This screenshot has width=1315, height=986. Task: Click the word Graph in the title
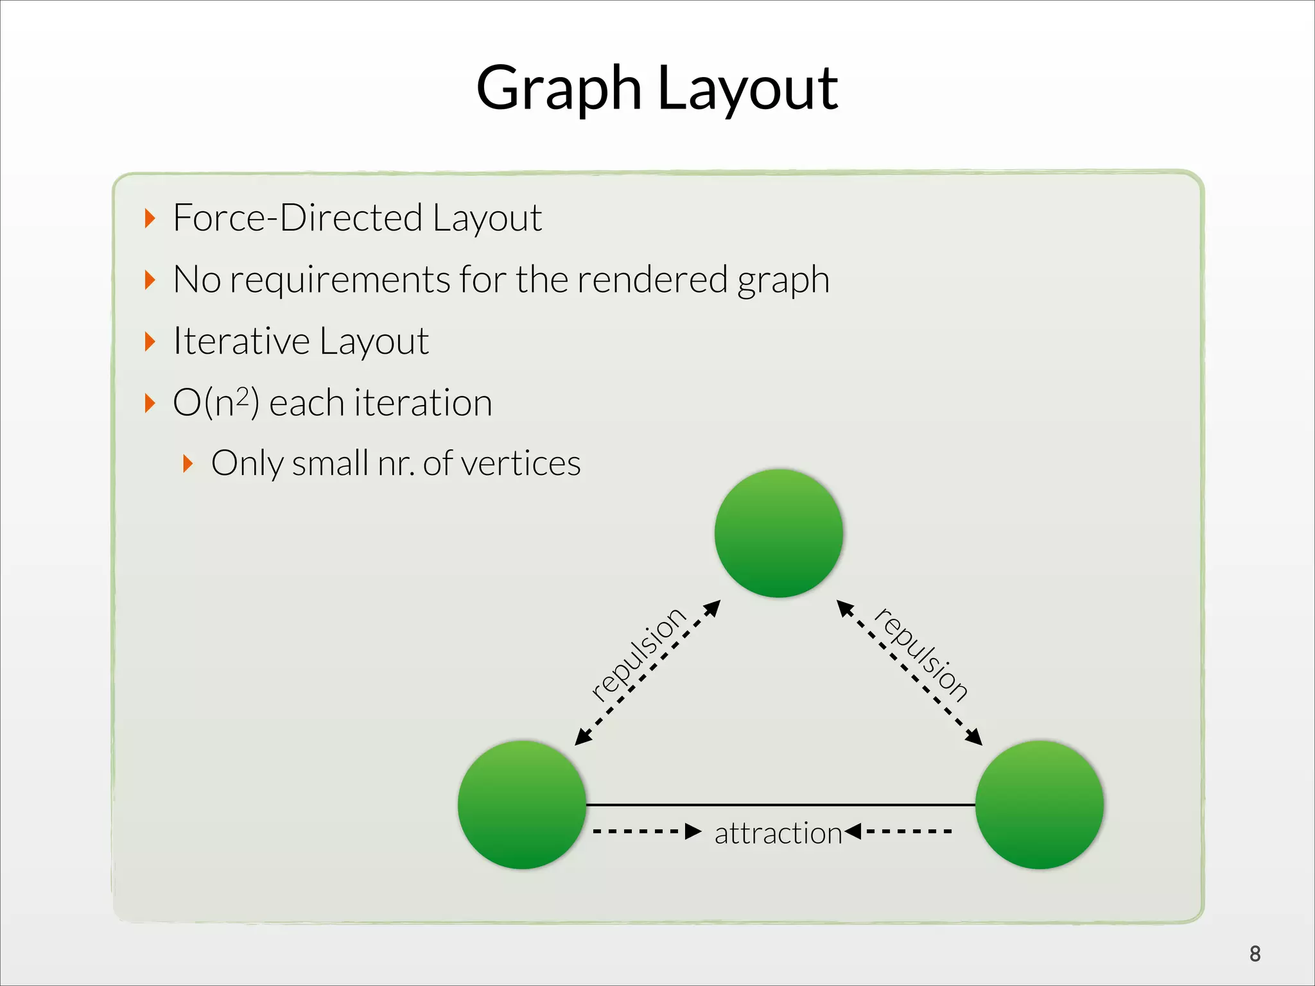coord(559,90)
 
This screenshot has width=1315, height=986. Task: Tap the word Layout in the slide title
coord(747,90)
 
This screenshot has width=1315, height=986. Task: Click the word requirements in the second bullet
coord(340,280)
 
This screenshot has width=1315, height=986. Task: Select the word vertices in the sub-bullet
coord(520,463)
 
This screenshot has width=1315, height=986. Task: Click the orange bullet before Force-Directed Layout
coord(150,218)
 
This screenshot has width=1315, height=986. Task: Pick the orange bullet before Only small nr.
coord(187,463)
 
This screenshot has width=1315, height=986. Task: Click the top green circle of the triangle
coord(778,533)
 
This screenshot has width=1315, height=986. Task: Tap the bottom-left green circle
coord(522,804)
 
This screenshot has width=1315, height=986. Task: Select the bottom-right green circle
coord(1039,804)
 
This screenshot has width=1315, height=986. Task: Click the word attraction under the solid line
coord(778,833)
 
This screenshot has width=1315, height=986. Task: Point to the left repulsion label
coord(638,653)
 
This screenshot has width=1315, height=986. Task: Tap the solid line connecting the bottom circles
coord(780,804)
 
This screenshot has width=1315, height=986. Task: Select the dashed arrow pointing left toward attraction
coord(899,832)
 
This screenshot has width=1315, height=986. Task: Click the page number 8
coord(1255,954)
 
